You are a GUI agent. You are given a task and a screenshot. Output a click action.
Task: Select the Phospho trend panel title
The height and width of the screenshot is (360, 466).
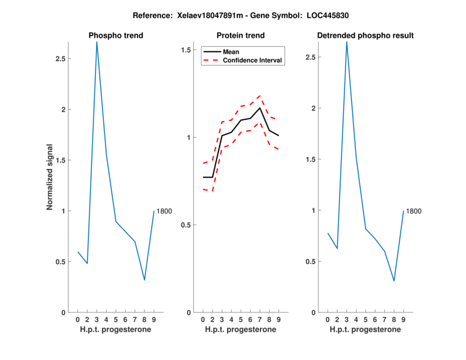click(x=116, y=36)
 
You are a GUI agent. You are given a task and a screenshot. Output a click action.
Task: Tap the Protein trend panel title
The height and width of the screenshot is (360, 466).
click(x=241, y=36)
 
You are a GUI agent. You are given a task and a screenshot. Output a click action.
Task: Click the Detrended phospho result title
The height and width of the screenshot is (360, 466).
click(x=365, y=36)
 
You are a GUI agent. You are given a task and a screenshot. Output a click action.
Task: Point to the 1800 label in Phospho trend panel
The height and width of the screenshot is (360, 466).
click(x=164, y=211)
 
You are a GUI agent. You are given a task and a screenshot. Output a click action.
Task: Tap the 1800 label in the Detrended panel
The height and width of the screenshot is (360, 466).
click(x=414, y=211)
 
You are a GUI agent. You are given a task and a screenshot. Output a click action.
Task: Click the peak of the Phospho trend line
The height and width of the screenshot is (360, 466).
click(x=97, y=42)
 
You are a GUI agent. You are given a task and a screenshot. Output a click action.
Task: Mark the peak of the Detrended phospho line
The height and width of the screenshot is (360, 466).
click(x=347, y=42)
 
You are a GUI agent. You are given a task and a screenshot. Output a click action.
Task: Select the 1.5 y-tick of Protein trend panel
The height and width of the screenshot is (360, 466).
click(x=186, y=50)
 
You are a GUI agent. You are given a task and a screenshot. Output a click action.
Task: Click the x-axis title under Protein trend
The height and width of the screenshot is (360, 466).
click(x=241, y=330)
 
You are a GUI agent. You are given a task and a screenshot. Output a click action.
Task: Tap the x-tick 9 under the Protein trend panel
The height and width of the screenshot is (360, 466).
click(x=278, y=319)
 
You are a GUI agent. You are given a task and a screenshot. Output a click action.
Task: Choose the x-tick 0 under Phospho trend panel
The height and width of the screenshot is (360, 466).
click(x=77, y=319)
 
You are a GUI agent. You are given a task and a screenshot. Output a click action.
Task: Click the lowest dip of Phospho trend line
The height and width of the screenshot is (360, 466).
click(x=144, y=280)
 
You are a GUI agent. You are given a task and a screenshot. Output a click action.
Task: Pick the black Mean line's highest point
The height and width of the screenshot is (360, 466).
click(x=260, y=108)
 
